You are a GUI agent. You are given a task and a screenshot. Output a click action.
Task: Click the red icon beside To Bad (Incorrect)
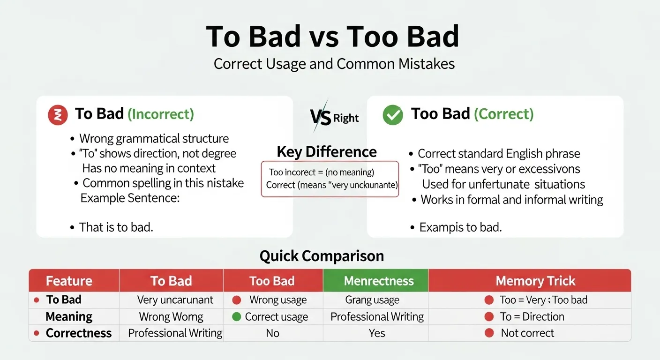pyautogui.click(x=58, y=115)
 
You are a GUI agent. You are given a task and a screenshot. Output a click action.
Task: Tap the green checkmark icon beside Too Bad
pyautogui.click(x=393, y=115)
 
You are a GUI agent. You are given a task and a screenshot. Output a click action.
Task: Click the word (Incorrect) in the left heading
pyautogui.click(x=161, y=114)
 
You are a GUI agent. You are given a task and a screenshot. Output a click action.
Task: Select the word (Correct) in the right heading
pyautogui.click(x=503, y=114)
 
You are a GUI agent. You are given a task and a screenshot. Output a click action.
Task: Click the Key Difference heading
pyautogui.click(x=326, y=152)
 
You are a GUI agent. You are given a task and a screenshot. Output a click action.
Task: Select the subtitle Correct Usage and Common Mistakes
pyautogui.click(x=334, y=64)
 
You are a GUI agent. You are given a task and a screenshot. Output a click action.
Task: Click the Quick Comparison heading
pyautogui.click(x=322, y=256)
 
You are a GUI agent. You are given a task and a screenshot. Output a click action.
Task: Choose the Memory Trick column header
pyautogui.click(x=535, y=281)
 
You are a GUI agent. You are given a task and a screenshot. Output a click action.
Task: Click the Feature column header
pyautogui.click(x=69, y=281)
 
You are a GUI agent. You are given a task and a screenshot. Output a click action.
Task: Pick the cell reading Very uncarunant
pyautogui.click(x=175, y=300)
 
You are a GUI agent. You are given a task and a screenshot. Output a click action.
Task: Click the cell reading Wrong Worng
pyautogui.click(x=171, y=317)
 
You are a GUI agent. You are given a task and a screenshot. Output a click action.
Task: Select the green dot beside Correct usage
pyautogui.click(x=236, y=317)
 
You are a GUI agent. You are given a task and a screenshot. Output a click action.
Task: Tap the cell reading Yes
pyautogui.click(x=377, y=333)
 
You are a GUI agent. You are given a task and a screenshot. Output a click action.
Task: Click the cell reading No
pyautogui.click(x=272, y=333)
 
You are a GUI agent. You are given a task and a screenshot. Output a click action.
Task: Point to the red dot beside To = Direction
pyautogui.click(x=489, y=317)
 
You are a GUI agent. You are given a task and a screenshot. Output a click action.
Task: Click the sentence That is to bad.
pyautogui.click(x=116, y=227)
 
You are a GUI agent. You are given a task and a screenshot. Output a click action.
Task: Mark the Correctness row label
pyautogui.click(x=79, y=333)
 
